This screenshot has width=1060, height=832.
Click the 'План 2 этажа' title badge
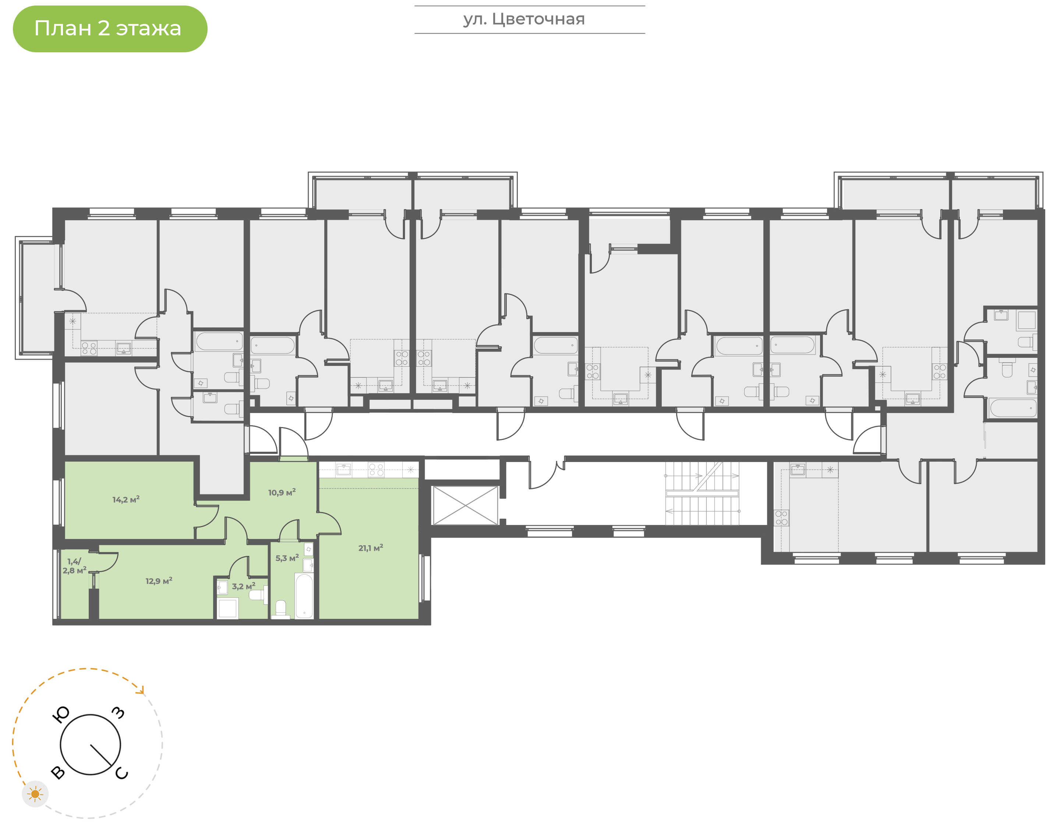(x=110, y=29)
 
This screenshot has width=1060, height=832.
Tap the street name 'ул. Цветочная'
(x=524, y=19)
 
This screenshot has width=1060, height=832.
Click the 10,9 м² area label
(x=282, y=493)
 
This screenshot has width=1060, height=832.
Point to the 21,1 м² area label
(x=371, y=548)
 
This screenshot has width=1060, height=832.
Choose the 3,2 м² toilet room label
(x=243, y=586)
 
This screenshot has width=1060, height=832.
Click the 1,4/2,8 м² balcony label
(x=74, y=566)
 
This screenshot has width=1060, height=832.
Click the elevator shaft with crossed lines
(x=466, y=505)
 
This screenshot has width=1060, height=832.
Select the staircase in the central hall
(x=702, y=493)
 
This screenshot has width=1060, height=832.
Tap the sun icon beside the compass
(x=35, y=794)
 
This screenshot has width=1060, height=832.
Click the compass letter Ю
(x=61, y=715)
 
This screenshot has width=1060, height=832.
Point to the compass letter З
(x=118, y=713)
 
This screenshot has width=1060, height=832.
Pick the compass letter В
(x=58, y=773)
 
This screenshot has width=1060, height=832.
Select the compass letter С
(x=122, y=773)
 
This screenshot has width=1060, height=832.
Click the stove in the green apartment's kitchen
(x=376, y=470)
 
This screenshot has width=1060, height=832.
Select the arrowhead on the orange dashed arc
(x=142, y=690)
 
